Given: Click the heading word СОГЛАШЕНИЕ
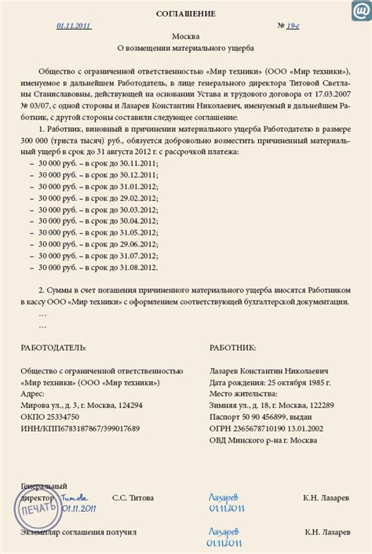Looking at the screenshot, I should tap(186, 14).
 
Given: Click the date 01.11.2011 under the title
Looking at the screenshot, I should tap(74, 26).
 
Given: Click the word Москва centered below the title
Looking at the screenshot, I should tap(186, 36).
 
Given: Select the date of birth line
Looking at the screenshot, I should tap(269, 381).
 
